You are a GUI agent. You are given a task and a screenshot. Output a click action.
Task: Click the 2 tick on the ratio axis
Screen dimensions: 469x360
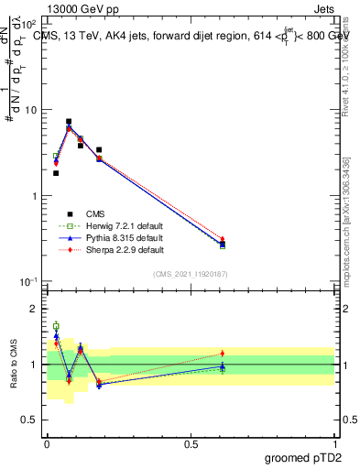(34, 309)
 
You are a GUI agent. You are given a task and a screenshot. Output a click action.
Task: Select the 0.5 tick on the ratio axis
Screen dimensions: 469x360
(30, 420)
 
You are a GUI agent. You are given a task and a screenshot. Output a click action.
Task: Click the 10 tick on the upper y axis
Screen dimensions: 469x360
(30, 110)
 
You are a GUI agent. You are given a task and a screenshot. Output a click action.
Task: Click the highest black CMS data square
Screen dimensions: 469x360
(69, 121)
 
